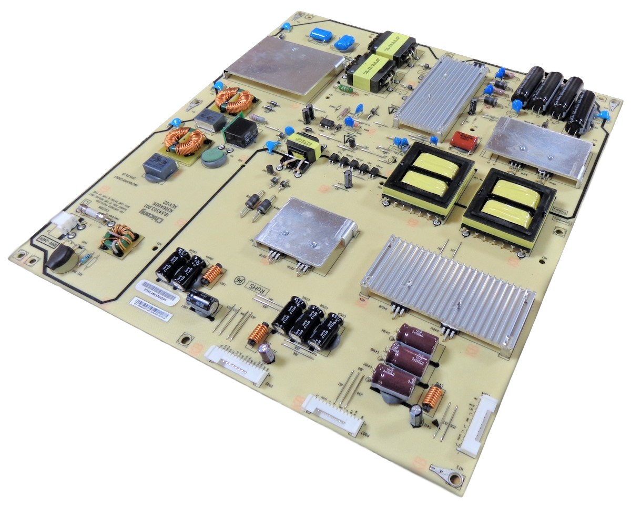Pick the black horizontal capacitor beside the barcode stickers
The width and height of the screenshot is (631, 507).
click(x=202, y=302)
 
